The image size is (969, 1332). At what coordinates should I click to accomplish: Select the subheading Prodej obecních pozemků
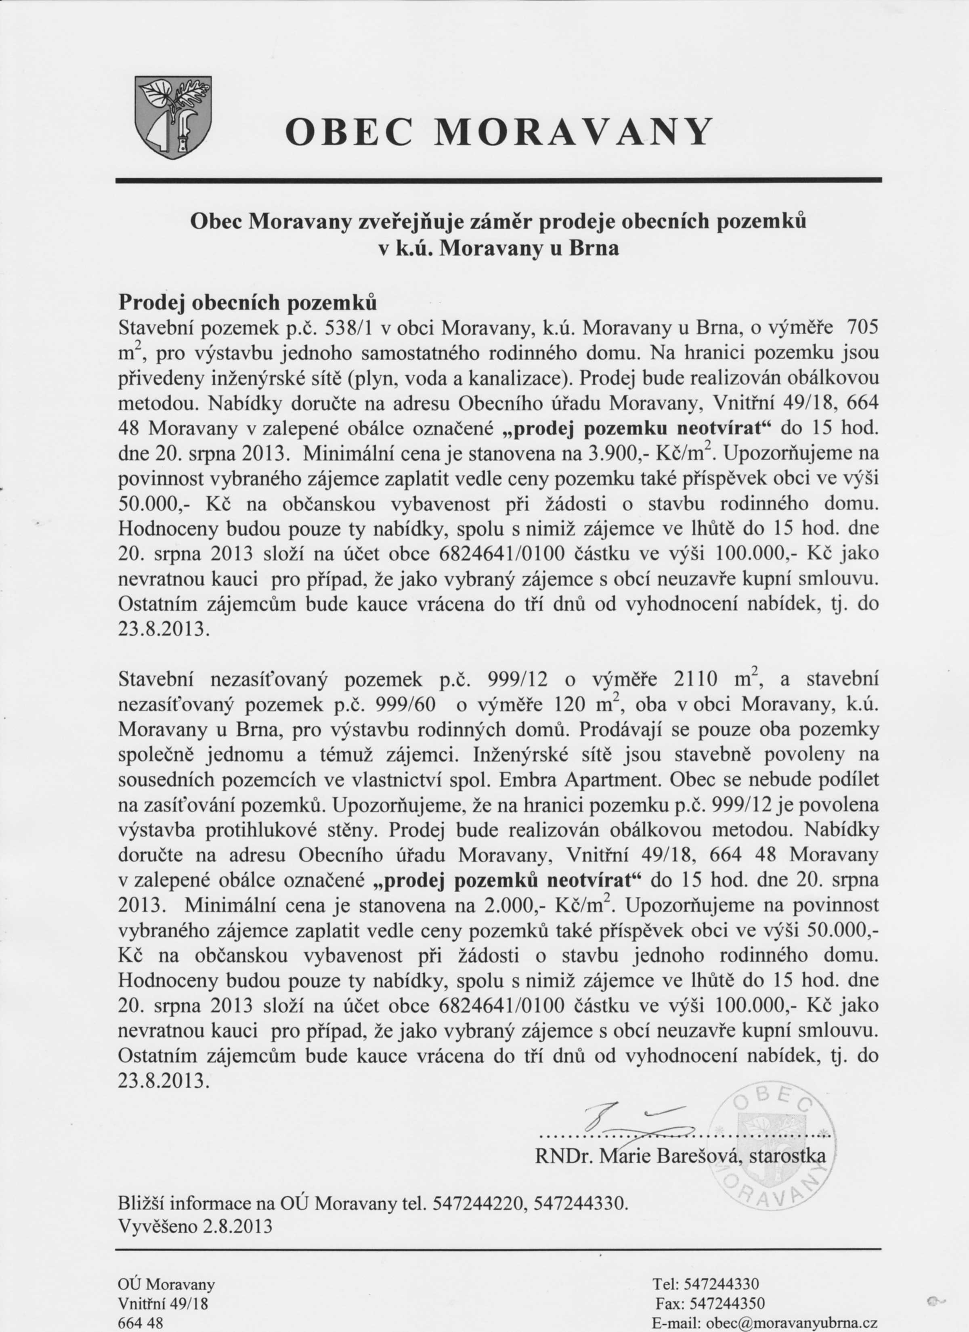[x=247, y=302]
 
